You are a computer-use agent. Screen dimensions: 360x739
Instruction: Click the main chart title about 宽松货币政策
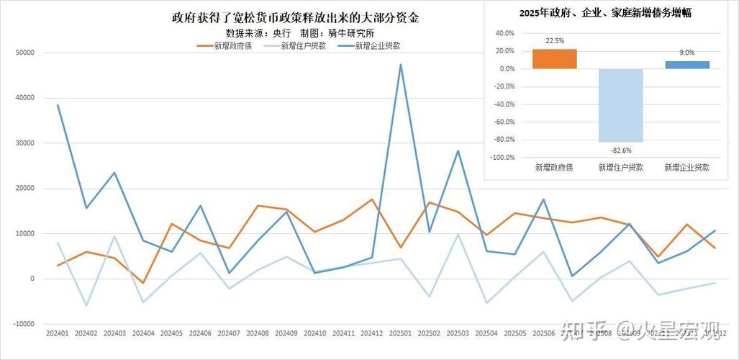296,18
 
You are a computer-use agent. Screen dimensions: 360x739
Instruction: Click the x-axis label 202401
58,333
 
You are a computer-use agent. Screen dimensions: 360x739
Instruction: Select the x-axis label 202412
372,333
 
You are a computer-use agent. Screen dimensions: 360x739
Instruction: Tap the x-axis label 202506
543,333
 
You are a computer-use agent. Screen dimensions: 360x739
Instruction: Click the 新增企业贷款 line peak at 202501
400,65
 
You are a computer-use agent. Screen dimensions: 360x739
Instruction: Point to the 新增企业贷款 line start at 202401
58,105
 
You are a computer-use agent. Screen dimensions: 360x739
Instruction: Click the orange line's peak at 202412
372,199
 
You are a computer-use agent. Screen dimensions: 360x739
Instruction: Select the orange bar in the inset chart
554,59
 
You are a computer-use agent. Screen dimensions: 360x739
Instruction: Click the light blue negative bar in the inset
620,105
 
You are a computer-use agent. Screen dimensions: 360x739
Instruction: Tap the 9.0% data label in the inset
686,53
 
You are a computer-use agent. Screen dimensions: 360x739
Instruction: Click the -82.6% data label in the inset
620,150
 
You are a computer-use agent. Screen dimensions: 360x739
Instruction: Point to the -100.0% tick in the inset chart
501,157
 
